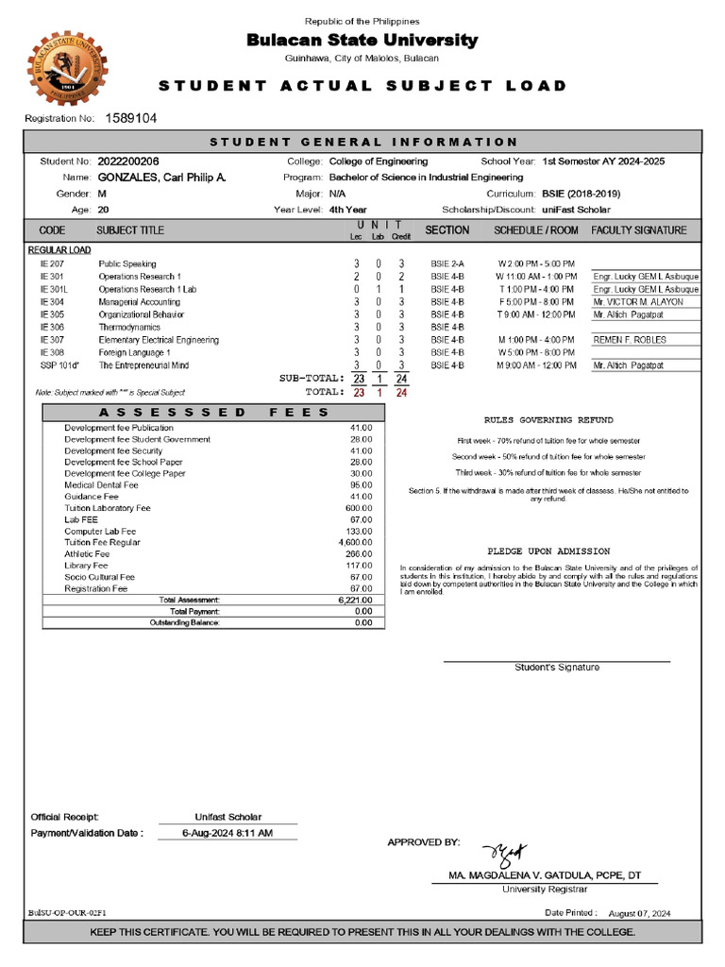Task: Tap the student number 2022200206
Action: point(128,161)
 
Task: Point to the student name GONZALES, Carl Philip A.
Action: point(161,178)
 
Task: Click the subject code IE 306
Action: point(52,327)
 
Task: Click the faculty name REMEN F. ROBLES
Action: point(630,340)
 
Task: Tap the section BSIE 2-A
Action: point(447,263)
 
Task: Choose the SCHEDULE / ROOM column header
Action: point(536,230)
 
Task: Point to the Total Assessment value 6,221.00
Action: point(355,601)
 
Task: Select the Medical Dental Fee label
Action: point(101,485)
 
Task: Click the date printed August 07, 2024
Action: point(640,913)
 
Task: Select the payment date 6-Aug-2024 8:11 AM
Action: point(228,833)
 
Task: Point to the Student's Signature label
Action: point(557,668)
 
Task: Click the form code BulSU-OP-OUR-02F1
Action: point(68,913)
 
